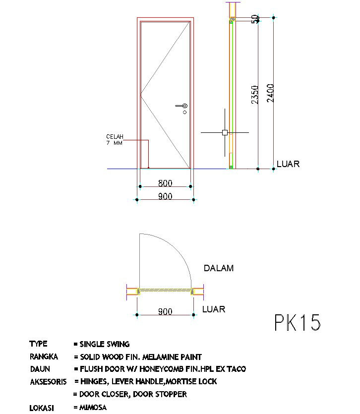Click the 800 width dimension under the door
tap(165, 183)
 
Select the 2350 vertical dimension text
tap(255, 95)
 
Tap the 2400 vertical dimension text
tap(270, 93)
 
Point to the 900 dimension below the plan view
tap(165, 311)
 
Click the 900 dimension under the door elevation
tap(165, 196)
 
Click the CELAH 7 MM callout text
tap(115, 140)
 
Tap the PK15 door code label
tap(298, 322)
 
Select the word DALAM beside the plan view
tap(219, 268)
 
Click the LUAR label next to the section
tap(288, 164)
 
